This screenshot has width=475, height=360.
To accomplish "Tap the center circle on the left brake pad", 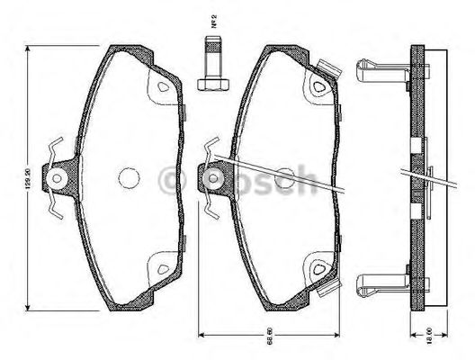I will tap(129, 178).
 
